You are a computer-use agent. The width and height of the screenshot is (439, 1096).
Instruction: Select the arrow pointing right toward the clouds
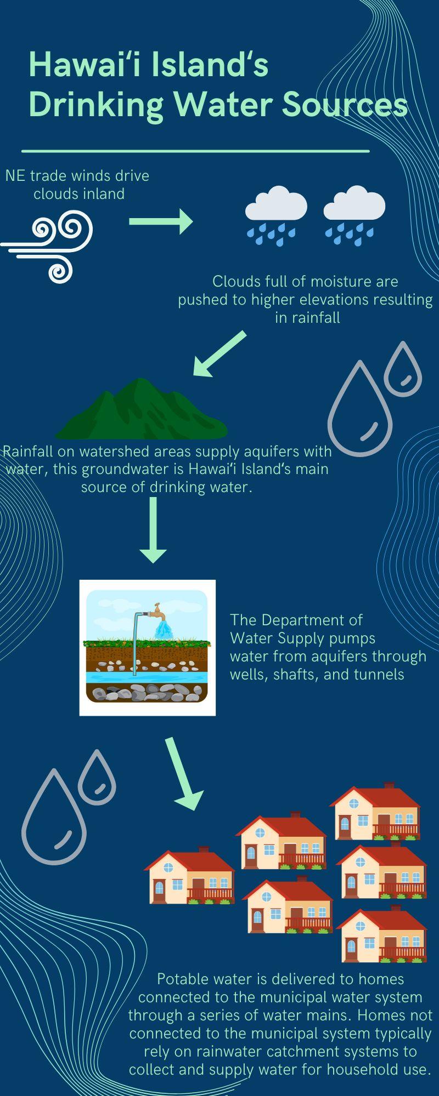click(161, 221)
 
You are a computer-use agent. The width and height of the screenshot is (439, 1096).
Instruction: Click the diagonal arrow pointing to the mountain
click(219, 354)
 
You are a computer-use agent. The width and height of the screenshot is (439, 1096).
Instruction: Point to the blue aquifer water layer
click(147, 677)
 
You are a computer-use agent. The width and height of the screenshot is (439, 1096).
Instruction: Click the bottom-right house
click(382, 934)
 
